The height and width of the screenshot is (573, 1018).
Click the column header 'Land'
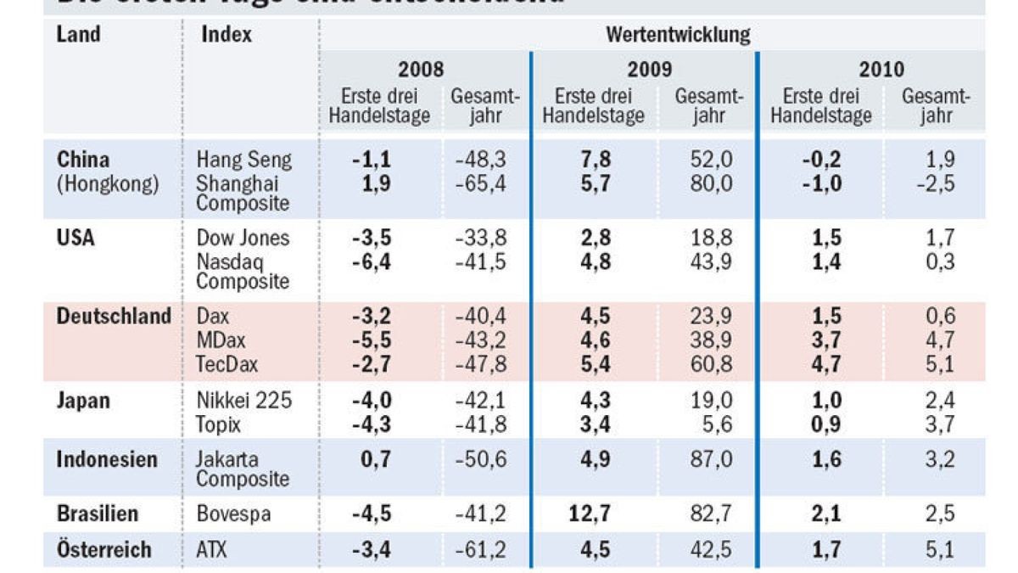(x=78, y=35)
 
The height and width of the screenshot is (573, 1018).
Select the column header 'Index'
(x=227, y=35)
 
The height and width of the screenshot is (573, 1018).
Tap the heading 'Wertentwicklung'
(x=678, y=35)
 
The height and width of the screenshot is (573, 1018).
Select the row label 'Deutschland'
(x=114, y=317)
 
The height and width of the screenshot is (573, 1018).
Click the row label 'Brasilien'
(x=98, y=514)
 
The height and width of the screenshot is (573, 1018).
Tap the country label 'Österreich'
(x=103, y=549)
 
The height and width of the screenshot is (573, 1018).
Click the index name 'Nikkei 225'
(x=244, y=401)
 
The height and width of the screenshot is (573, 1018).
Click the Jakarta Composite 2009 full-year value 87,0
(x=707, y=460)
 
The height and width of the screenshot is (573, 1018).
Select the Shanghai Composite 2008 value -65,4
(x=480, y=183)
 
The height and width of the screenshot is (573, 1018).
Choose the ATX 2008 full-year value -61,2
(x=480, y=549)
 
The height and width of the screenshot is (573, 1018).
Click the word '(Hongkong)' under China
(x=108, y=184)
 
